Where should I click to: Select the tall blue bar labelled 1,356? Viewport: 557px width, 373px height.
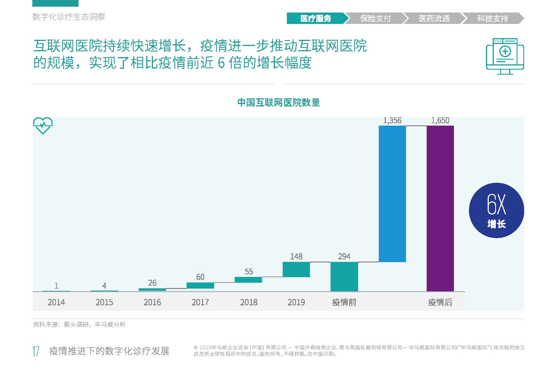click(392, 194)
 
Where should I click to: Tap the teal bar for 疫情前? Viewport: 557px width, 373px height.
click(344, 276)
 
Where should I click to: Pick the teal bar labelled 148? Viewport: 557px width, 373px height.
click(296, 269)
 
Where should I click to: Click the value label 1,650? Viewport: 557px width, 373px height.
click(440, 120)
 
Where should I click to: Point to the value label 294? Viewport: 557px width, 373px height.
click(344, 256)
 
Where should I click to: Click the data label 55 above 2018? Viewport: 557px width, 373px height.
click(248, 272)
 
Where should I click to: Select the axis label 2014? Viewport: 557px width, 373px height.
click(56, 302)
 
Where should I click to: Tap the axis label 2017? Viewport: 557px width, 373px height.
click(200, 302)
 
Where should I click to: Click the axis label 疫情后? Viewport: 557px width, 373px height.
click(440, 302)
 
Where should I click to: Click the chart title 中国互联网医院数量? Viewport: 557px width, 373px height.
click(278, 103)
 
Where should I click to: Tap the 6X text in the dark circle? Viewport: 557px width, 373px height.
click(496, 205)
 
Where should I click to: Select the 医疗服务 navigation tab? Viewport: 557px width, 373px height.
click(316, 18)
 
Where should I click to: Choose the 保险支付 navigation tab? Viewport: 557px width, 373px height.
click(375, 18)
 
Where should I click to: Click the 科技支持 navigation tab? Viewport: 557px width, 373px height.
click(492, 18)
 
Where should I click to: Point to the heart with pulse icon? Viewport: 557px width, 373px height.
click(43, 126)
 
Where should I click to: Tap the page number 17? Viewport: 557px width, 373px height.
click(36, 351)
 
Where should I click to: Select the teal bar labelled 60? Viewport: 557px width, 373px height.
click(200, 286)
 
